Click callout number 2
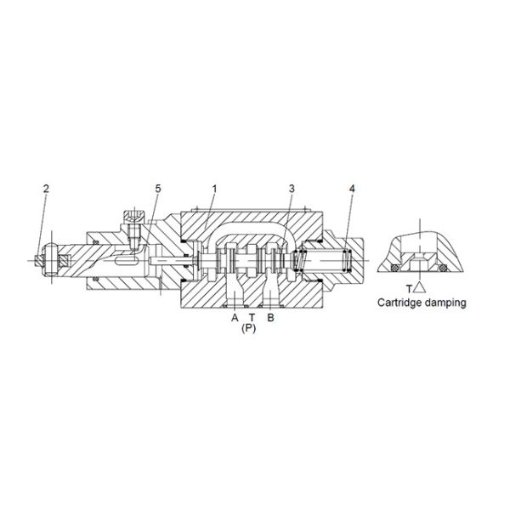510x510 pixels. [46, 189]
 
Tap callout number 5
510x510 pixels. [158, 189]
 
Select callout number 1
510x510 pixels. [214, 189]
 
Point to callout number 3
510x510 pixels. [292, 189]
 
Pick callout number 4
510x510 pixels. [352, 189]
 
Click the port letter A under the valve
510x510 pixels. [235, 317]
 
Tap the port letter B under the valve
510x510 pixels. [270, 317]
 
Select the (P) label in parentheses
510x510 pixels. [249, 328]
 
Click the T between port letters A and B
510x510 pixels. [252, 317]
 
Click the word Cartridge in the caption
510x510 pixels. [399, 303]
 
